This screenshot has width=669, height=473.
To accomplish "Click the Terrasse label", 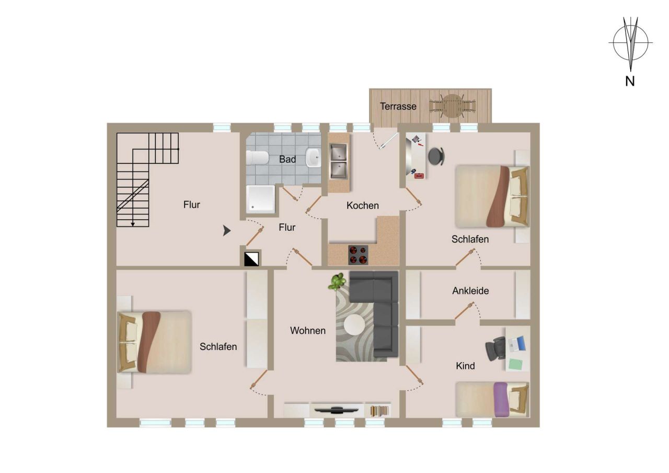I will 398,106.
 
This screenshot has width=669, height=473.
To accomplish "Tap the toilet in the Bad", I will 257,157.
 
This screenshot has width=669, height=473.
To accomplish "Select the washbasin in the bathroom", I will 314,157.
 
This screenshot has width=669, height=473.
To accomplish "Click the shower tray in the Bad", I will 260,199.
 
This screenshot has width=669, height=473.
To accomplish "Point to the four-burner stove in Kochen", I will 358,254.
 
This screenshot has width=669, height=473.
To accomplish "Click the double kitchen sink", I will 339,161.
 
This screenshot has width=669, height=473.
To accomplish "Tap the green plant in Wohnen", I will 337,281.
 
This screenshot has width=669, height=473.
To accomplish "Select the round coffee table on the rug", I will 355,325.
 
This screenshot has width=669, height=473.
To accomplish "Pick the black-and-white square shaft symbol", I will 252,258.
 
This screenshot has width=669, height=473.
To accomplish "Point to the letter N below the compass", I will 630,82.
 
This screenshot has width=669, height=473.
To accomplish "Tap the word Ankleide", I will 470,291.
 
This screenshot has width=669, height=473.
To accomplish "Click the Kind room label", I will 465,366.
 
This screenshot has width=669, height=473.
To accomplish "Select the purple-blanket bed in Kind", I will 492,399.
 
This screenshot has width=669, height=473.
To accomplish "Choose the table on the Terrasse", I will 453,106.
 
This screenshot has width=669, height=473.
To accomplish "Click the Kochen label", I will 362,206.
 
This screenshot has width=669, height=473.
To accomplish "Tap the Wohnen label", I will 308,331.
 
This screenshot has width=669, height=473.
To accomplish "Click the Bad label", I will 287,159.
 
